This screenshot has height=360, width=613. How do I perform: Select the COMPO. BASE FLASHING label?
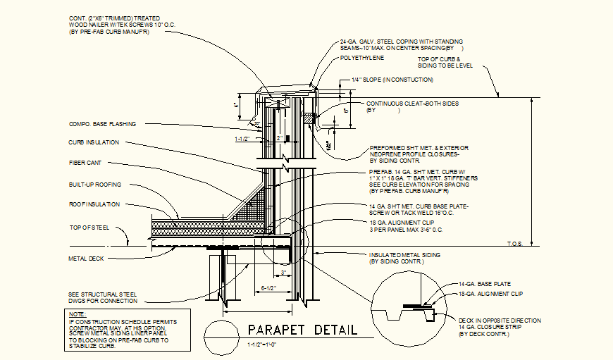tap(102, 124)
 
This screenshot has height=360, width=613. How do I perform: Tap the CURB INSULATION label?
tap(94, 142)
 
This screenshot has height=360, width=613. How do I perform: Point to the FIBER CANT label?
tap(85, 163)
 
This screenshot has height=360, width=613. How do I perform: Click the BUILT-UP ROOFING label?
tap(95, 185)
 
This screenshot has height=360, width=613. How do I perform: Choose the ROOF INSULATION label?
tap(94, 204)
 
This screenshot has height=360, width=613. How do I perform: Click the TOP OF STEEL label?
tap(89, 228)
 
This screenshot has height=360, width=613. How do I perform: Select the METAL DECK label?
tap(86, 259)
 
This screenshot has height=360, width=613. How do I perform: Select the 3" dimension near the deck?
tap(283, 273)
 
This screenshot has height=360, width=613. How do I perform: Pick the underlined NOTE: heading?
tap(78, 314)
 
